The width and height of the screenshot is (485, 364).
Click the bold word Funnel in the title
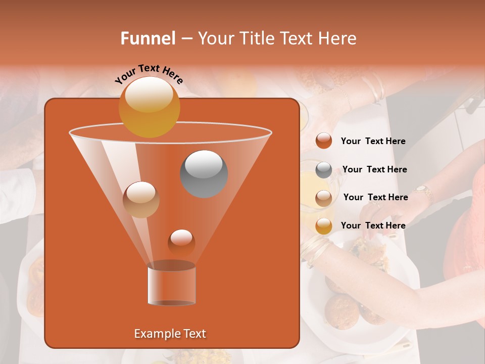[148, 38]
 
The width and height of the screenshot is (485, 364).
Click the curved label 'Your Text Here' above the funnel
[149, 74]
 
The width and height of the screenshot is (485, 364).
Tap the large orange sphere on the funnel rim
[149, 107]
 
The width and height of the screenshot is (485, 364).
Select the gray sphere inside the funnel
[204, 174]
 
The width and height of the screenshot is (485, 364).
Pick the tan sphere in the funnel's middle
[141, 199]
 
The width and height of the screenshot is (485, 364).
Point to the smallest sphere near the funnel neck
[181, 243]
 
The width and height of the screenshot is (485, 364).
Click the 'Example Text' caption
[170, 334]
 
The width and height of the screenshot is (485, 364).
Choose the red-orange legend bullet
[324, 141]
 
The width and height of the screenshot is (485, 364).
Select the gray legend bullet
[324, 170]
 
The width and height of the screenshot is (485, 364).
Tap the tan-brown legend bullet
[324, 198]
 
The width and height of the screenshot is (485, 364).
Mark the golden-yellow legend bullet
[324, 226]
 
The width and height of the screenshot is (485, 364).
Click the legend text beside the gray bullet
[374, 170]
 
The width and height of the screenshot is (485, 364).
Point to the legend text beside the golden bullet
[373, 225]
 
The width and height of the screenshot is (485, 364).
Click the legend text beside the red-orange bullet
[373, 142]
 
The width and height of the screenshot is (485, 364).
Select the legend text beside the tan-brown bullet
[375, 197]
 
